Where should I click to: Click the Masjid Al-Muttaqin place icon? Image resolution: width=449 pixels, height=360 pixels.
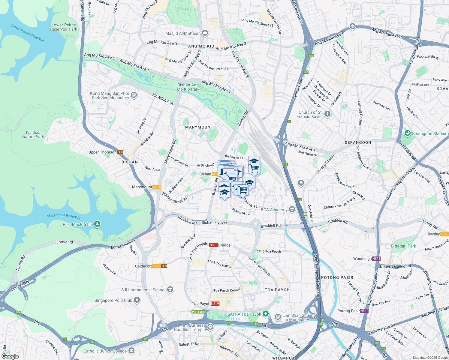coord(205,33)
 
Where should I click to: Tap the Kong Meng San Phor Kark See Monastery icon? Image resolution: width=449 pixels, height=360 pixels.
coord(134,95)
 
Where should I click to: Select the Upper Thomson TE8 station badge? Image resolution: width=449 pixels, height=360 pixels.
coord(120,152)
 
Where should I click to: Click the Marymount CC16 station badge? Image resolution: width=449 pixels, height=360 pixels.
coord(157,187)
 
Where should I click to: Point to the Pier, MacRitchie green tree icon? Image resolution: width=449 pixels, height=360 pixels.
coord(97,224)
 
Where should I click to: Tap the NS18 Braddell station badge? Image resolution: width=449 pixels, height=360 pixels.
coord(213,245)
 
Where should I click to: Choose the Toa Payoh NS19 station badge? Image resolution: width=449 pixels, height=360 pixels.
coord(215,304)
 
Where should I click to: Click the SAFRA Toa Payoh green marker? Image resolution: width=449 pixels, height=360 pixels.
coord(265,314)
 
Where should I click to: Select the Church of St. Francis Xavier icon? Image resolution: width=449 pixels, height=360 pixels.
coord(327,114)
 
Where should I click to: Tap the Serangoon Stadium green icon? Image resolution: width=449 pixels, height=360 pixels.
coord(407,133)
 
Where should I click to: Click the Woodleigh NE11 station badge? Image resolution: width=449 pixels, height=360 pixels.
coord(376,259)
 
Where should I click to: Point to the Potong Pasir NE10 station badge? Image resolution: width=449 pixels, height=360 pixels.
coord(364,311)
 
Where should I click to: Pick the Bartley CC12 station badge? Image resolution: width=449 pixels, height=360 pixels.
coord(444,234)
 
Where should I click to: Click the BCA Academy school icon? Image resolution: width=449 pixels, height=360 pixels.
coord(292,210)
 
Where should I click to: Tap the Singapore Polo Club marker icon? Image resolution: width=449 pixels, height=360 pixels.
coord(137,300)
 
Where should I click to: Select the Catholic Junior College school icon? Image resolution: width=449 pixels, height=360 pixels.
coord(131,351)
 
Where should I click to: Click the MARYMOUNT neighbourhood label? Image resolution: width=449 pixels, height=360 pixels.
coord(199,127)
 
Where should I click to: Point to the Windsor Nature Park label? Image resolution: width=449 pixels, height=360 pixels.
coord(33,134)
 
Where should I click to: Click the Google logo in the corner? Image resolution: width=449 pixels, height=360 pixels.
coord(10,356)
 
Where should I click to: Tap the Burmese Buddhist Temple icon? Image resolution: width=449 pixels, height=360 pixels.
coord(210,327)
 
